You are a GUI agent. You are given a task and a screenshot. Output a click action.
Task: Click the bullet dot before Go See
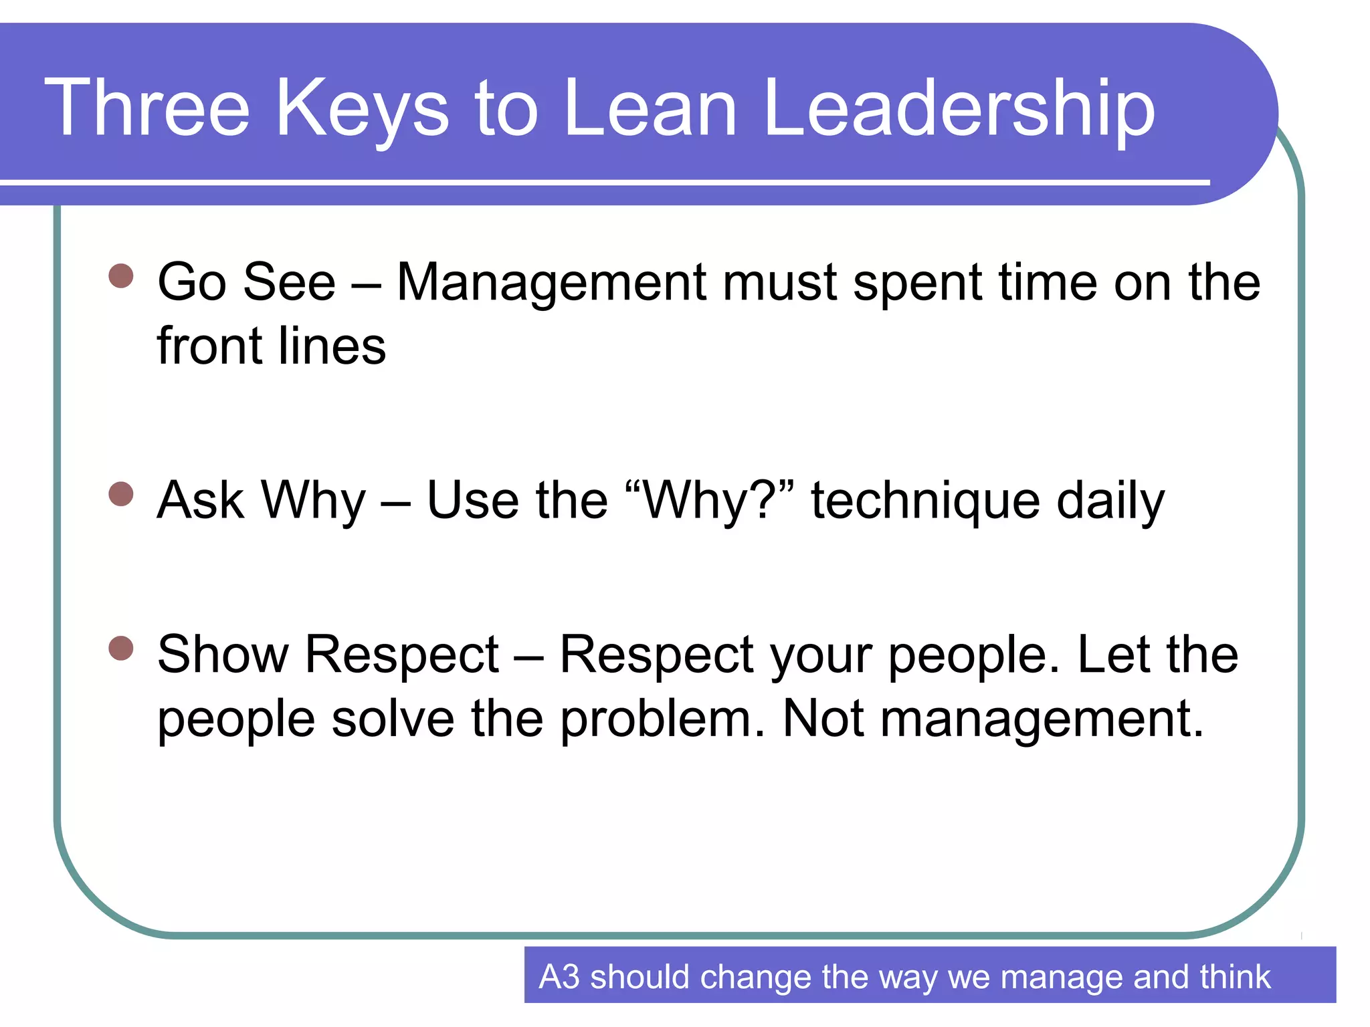121,275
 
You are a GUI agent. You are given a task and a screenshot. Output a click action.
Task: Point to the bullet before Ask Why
121,494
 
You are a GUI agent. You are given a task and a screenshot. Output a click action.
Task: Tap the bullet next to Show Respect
121,648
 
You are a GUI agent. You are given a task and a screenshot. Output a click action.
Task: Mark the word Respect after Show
402,655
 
